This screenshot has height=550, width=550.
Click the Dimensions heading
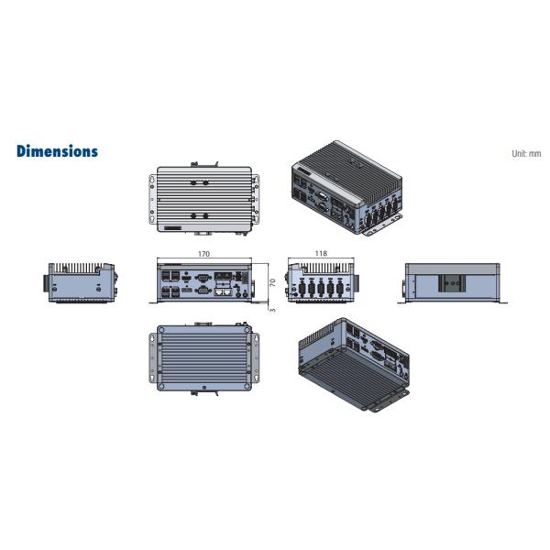click(57, 151)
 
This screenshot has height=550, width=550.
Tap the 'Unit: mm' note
click(526, 153)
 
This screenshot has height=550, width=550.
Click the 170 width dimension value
click(203, 254)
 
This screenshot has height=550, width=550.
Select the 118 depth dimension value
click(321, 253)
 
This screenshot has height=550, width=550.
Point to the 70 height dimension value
click(272, 282)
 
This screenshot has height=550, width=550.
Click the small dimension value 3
click(273, 311)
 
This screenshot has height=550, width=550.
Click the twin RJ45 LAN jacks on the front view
click(224, 291)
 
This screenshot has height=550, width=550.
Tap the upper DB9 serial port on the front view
click(203, 278)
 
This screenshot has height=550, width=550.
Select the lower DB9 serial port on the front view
click(203, 290)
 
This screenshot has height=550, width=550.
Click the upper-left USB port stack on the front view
click(170, 276)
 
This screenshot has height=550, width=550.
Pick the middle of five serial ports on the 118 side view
click(321, 289)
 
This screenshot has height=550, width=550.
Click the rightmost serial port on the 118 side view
click(339, 289)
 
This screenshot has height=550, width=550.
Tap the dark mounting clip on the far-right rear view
click(453, 283)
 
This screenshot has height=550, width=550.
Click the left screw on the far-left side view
click(54, 289)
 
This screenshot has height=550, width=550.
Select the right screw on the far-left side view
click(99, 289)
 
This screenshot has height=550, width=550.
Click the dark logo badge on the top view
click(172, 228)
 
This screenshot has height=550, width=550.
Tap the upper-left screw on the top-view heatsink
click(192, 182)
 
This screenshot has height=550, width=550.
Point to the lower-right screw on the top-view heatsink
click(205, 215)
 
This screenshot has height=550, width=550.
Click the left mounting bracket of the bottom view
click(153, 358)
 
